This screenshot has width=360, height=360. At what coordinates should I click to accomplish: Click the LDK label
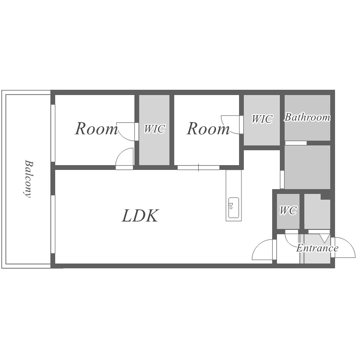[140, 216]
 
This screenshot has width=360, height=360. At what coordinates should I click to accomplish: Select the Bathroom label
[307, 117]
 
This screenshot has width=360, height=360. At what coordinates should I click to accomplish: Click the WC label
[288, 210]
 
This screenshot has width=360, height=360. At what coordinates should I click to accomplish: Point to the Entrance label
[317, 248]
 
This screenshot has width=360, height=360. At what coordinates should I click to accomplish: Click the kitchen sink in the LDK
[233, 208]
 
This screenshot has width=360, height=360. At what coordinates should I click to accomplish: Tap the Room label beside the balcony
[96, 129]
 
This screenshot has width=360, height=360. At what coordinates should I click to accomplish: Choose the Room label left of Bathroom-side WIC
[208, 129]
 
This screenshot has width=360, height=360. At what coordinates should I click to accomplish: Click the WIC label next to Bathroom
[262, 119]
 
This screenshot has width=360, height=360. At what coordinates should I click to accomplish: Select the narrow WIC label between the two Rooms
[154, 129]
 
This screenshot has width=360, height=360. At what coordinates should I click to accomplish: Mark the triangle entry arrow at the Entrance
[324, 238]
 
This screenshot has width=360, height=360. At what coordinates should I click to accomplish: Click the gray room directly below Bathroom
[307, 167]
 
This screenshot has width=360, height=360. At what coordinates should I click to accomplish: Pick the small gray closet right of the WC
[317, 212]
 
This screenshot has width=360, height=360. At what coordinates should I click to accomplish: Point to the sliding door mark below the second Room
[198, 168]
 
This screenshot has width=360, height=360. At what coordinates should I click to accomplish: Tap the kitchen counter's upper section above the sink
[233, 183]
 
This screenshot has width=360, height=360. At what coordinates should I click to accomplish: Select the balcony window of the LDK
[53, 224]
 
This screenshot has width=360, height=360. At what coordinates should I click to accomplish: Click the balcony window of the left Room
[53, 133]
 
